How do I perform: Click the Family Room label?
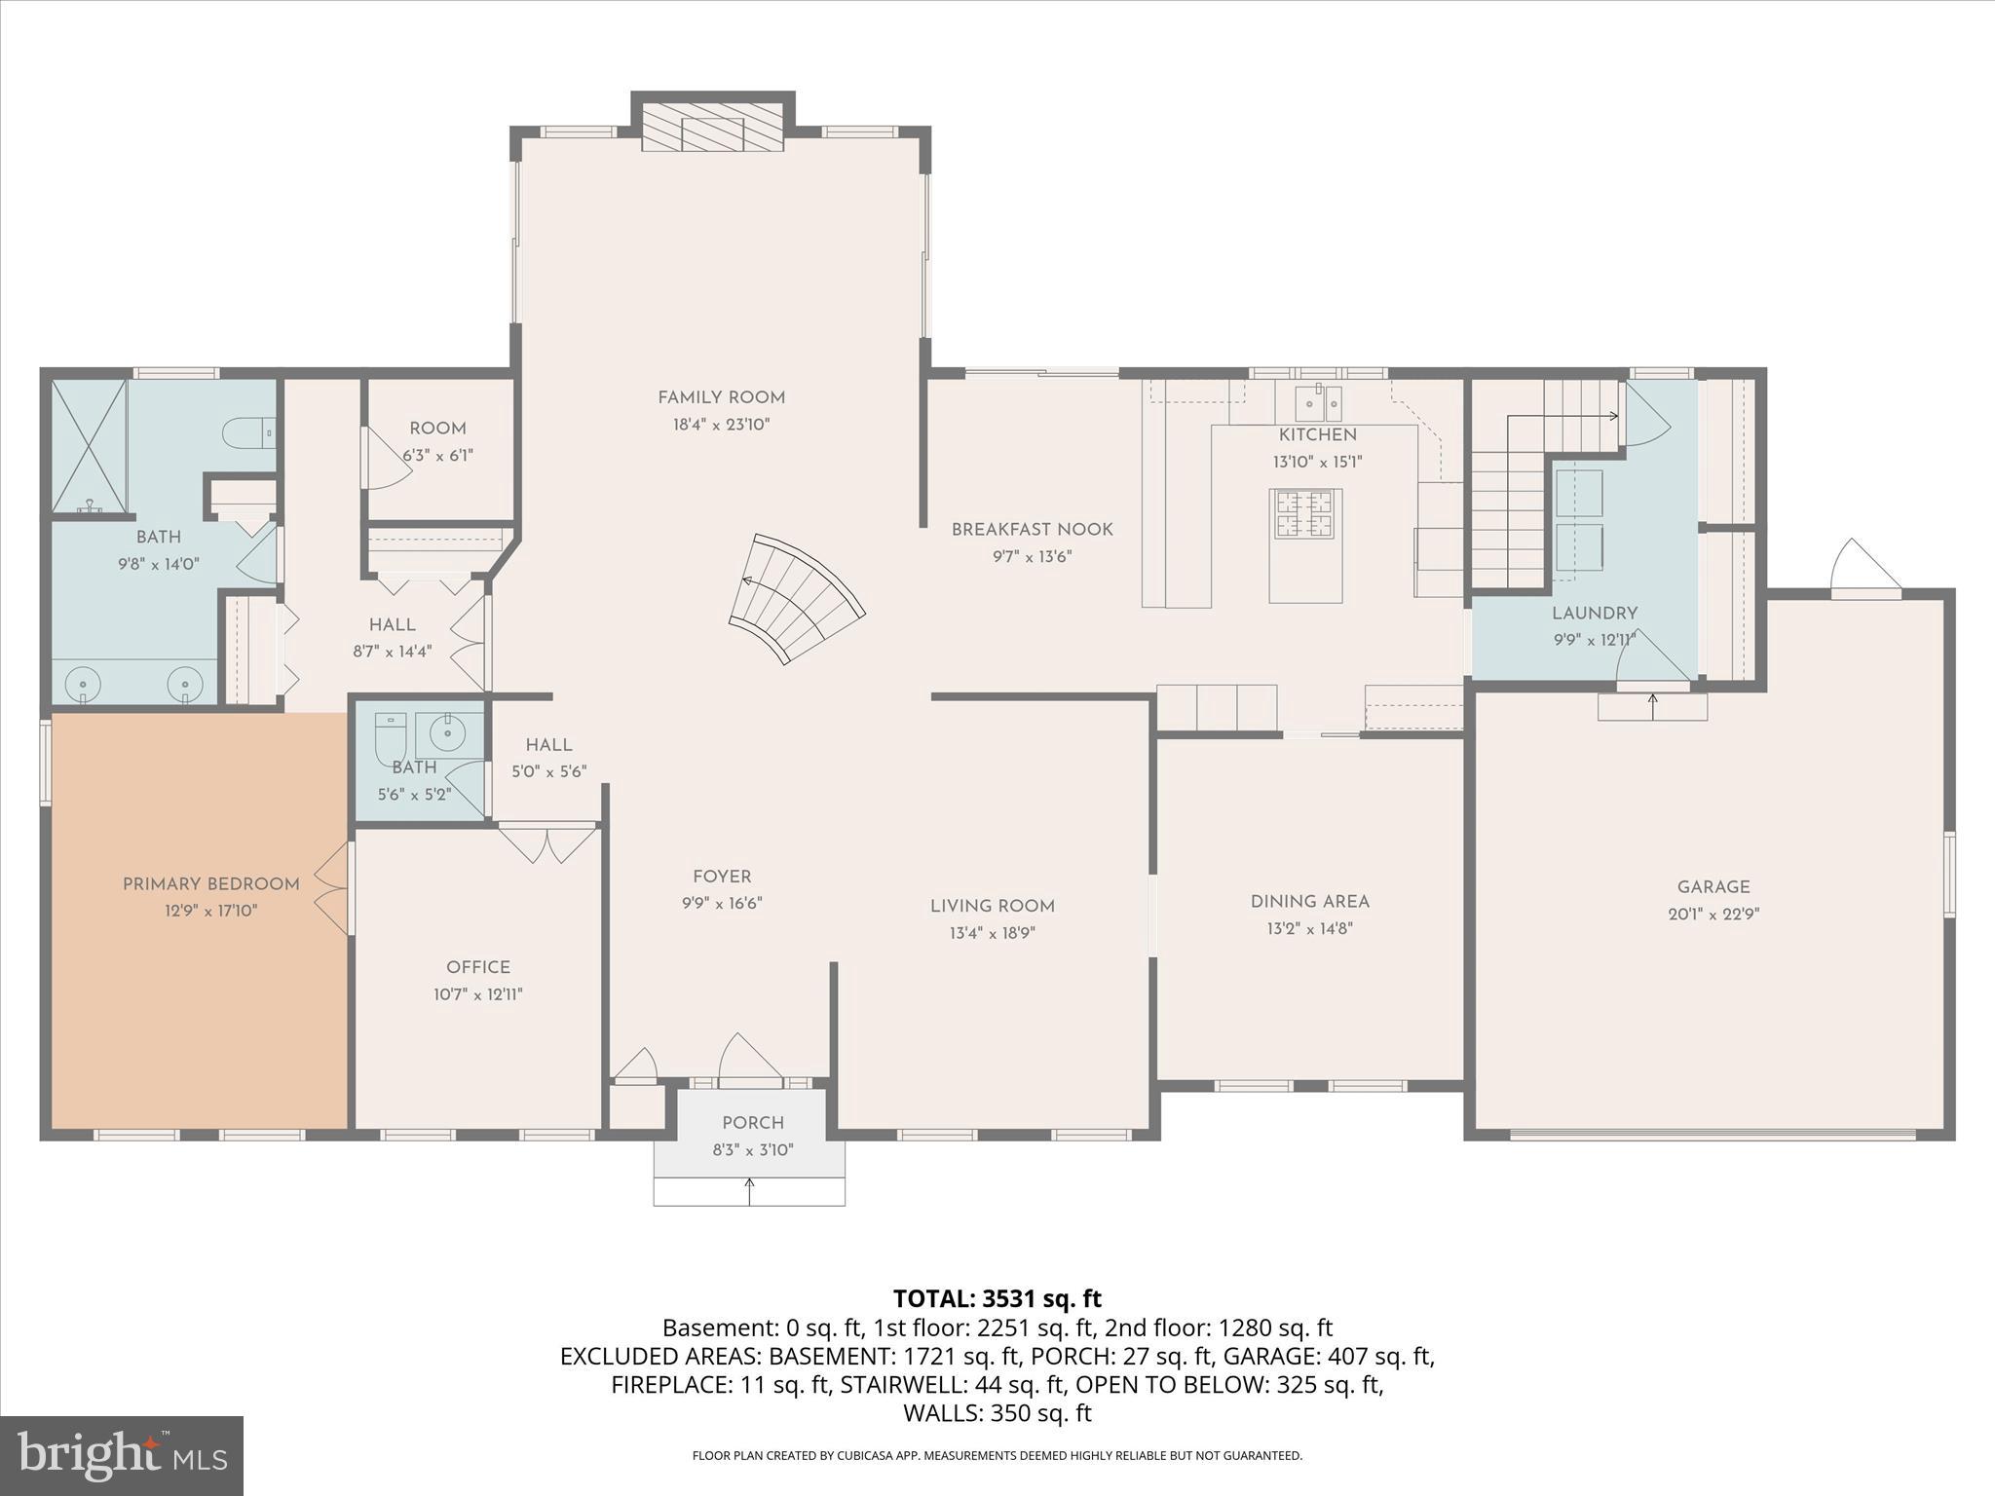point(721,397)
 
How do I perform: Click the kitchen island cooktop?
point(1305,514)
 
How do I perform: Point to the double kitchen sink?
point(1318,402)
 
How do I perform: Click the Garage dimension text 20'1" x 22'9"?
point(1713,915)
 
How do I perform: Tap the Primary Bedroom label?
point(210,884)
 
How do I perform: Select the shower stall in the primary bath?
point(89,445)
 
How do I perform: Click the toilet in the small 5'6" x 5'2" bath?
point(391,740)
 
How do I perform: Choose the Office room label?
point(477,967)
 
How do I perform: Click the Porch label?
point(753,1123)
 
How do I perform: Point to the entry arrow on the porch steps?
point(749,1190)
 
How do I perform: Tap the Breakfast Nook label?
point(1032,530)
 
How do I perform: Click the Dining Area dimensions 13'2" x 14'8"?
point(1309,929)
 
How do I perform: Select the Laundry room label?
point(1594,614)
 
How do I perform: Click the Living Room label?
point(992,907)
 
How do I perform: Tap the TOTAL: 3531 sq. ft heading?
point(997,1298)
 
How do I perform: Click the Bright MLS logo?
point(122,1455)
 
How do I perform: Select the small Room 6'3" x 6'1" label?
point(437,429)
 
